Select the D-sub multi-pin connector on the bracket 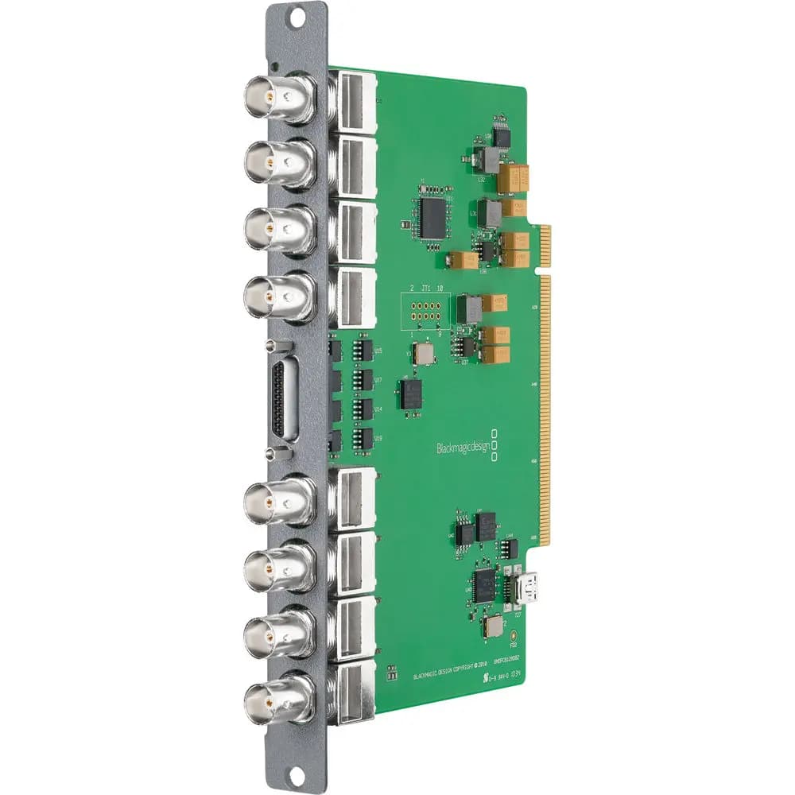click(283, 399)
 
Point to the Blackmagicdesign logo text click(463, 448)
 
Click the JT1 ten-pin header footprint click(426, 308)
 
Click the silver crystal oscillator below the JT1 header click(424, 353)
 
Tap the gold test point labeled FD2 click(514, 636)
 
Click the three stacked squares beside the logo click(495, 446)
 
